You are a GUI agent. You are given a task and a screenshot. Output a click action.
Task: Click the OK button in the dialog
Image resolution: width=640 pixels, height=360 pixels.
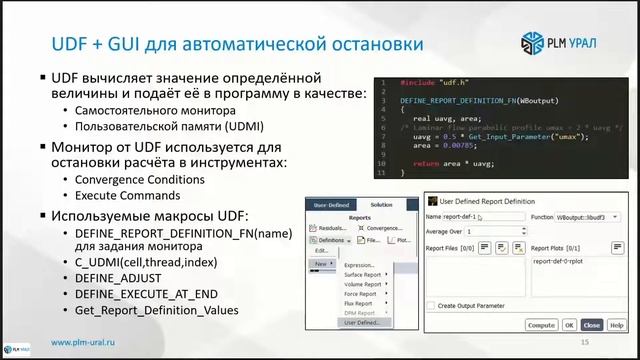(568, 325)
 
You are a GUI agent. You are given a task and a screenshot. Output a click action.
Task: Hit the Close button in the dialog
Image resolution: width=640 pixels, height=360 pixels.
(591, 325)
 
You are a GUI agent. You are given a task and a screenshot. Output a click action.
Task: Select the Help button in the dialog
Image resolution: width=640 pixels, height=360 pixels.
(616, 325)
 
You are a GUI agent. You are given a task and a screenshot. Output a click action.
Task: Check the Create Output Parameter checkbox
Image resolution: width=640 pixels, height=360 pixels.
(432, 305)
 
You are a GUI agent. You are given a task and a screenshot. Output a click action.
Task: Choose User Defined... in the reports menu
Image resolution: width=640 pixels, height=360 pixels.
(361, 322)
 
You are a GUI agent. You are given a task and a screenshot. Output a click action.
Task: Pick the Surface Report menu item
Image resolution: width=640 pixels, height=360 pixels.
(362, 274)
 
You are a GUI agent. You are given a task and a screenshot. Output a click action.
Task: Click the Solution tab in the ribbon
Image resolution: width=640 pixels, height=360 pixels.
(381, 203)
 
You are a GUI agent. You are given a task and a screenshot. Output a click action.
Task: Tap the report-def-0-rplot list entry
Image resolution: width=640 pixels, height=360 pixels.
(565, 260)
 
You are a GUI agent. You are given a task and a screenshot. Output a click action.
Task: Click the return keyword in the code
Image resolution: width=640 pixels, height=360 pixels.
(425, 159)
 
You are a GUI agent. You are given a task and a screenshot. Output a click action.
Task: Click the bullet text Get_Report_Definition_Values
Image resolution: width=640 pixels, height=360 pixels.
(156, 310)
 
